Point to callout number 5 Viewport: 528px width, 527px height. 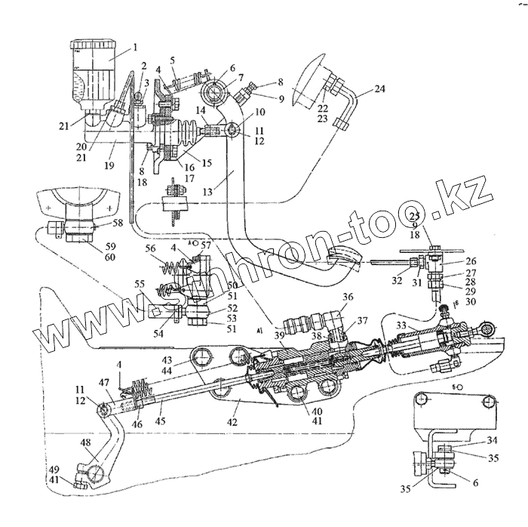tap(173, 61)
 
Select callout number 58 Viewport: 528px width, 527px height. tap(117, 224)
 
